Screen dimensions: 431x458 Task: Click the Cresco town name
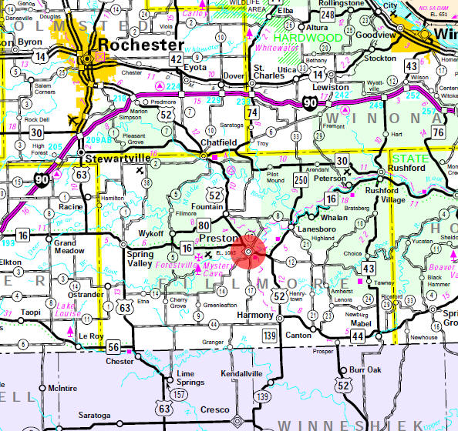pyautogui.click(x=215, y=412)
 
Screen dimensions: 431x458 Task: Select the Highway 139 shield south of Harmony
pyautogui.click(x=268, y=336)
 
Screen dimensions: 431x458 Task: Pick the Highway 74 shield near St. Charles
pyautogui.click(x=251, y=112)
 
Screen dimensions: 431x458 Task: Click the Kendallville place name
pyautogui.click(x=243, y=373)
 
